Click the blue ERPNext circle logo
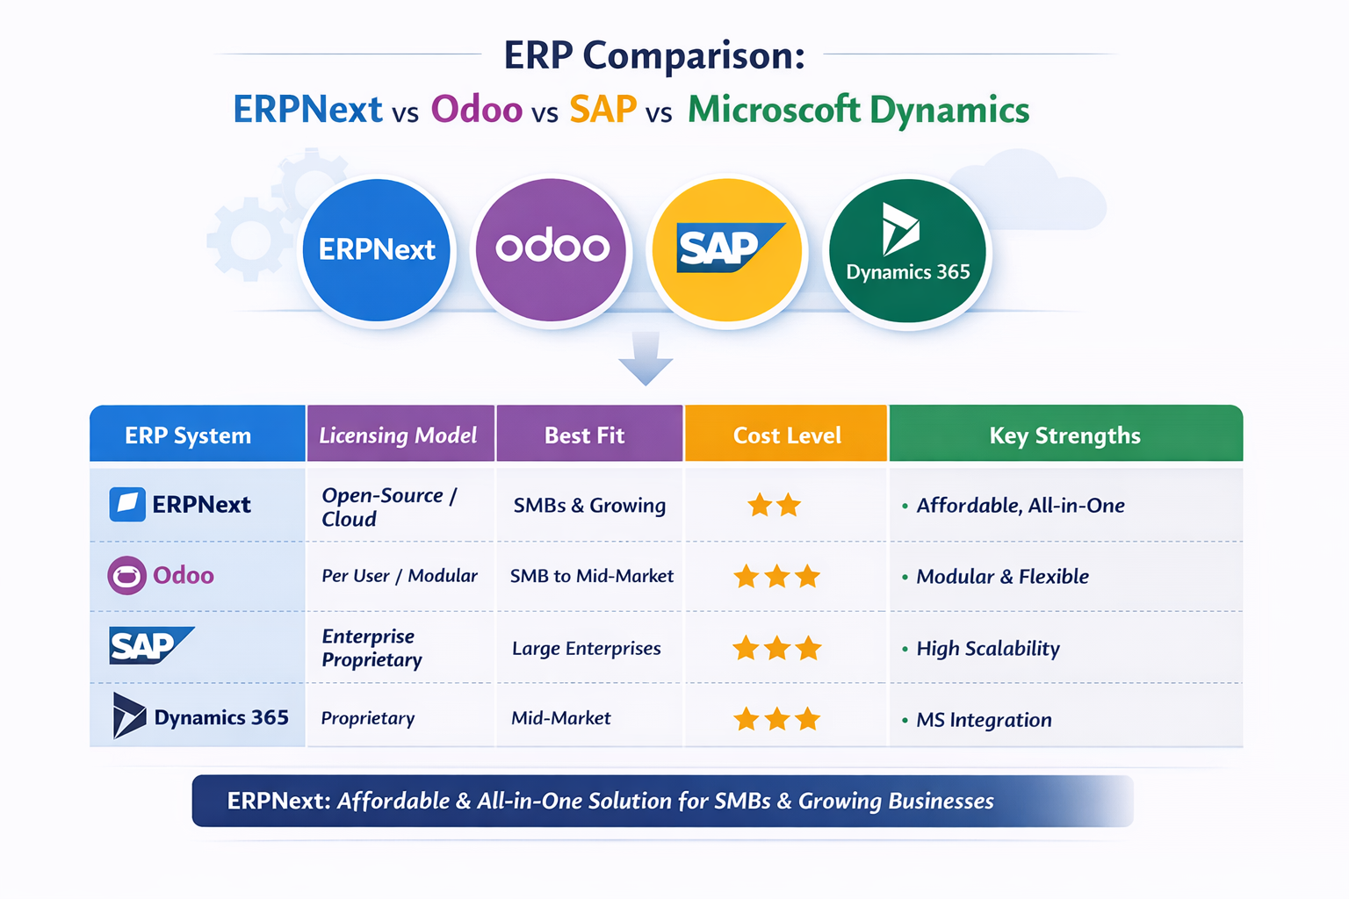377,250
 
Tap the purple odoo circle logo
551,250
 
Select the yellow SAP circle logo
727,250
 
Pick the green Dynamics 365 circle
907,250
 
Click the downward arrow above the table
646,358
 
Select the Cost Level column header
787,434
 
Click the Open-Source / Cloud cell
389,507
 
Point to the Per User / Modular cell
400,576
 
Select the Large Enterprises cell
587,649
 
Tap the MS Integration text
984,720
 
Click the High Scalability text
988,649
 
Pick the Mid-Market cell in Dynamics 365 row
561,718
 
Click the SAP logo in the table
151,645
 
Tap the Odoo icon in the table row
127,576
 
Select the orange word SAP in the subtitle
602,110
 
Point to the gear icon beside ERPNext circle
249,240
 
